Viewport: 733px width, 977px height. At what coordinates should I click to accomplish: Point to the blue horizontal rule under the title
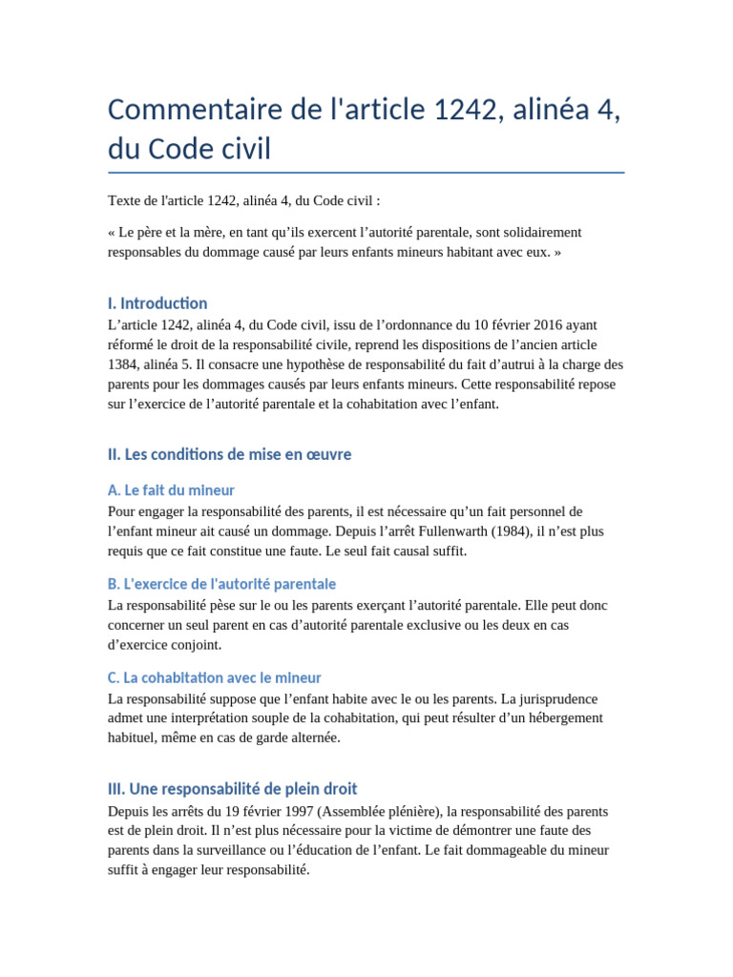[x=366, y=173]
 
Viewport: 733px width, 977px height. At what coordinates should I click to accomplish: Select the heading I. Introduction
[x=157, y=303]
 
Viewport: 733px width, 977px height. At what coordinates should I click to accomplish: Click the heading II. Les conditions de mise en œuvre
[x=230, y=454]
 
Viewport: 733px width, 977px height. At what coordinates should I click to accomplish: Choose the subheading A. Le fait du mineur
[x=172, y=490]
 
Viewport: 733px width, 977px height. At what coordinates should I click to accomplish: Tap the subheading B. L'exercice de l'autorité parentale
[x=222, y=584]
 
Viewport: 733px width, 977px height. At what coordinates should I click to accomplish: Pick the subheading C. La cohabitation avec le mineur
[x=215, y=677]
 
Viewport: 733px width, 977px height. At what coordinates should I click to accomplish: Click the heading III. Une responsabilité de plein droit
[x=233, y=789]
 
